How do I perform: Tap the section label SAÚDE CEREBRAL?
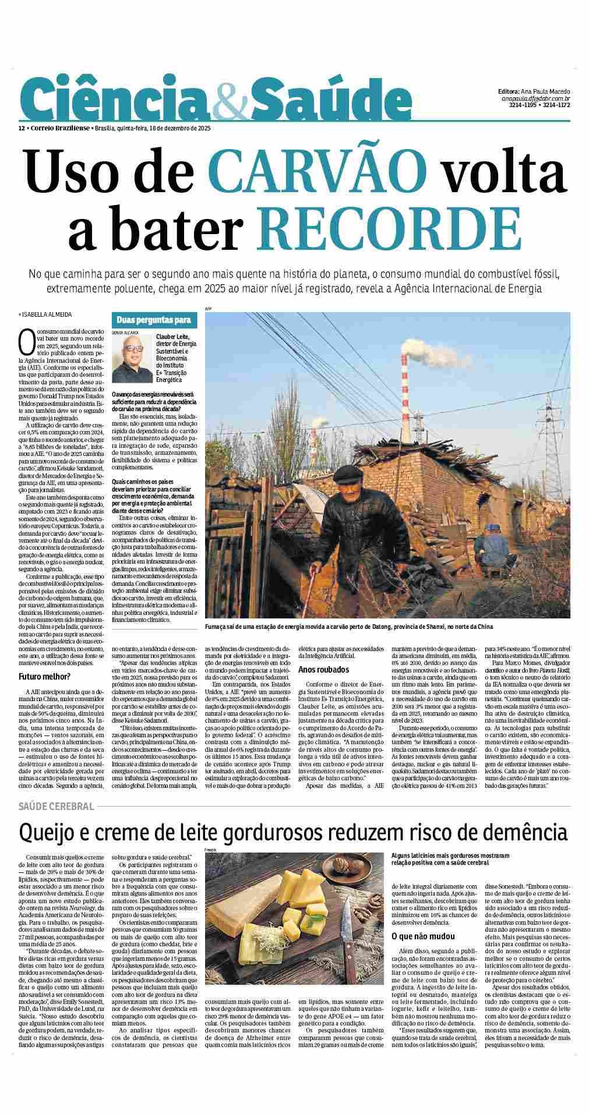coord(56,807)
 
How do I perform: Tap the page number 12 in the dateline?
coord(21,128)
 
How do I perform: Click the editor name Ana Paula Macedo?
coord(546,91)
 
